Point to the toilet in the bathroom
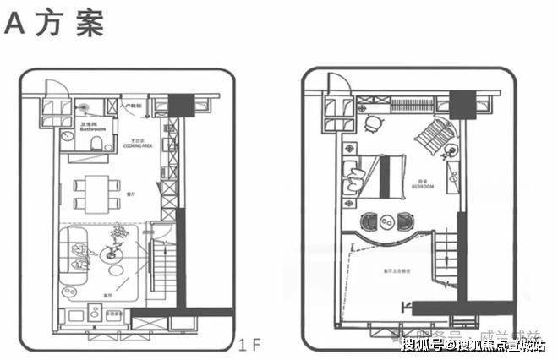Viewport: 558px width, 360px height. click(x=97, y=142)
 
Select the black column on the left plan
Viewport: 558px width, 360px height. click(x=179, y=104)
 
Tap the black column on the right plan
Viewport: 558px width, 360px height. click(x=462, y=103)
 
